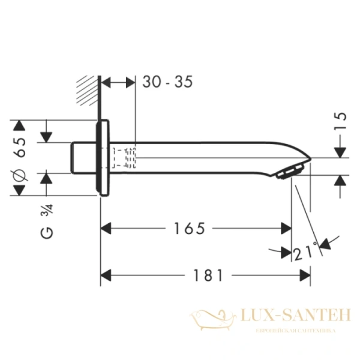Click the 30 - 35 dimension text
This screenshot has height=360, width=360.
167,83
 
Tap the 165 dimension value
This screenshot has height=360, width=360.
190,229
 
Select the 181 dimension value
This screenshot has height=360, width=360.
209,275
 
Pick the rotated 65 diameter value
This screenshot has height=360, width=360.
20,147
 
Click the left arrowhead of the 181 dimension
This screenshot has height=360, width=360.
106,275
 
